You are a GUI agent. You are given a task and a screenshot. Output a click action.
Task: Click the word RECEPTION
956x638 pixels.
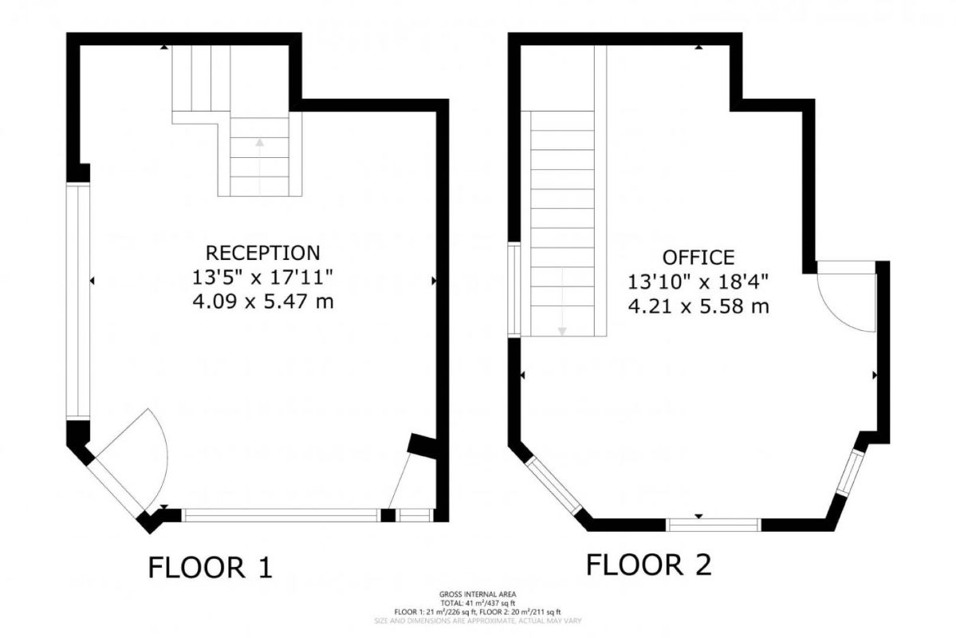click(263, 253)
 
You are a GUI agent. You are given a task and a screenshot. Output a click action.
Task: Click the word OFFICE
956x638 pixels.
click(698, 257)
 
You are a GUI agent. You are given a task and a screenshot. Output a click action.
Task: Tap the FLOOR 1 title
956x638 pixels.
click(210, 567)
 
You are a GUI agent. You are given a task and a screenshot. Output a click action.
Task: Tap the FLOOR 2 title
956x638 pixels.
click(648, 565)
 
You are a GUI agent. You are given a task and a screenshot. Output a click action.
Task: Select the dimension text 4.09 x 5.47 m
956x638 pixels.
click(263, 301)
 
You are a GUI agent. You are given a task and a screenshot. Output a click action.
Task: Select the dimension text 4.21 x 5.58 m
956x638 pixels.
click(698, 305)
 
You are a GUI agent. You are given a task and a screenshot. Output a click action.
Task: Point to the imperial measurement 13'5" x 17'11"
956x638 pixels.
click(263, 278)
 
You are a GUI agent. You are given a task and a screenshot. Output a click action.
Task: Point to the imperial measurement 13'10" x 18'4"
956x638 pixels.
click(698, 282)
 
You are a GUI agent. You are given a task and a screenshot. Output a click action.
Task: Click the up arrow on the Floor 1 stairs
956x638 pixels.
click(259, 144)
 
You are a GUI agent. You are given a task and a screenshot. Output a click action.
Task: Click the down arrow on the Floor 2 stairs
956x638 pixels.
click(562, 330)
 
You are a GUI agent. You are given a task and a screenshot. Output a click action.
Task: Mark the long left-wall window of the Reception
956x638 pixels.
click(77, 301)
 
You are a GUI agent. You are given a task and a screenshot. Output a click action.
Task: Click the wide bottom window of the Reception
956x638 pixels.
click(281, 515)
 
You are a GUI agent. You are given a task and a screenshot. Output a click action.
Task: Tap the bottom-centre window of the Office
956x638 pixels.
click(714, 524)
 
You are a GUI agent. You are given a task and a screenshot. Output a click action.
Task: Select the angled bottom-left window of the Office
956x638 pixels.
click(555, 484)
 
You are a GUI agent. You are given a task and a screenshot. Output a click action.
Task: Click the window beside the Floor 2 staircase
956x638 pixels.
click(514, 289)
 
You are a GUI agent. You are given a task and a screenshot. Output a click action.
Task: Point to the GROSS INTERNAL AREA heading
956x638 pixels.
click(478, 594)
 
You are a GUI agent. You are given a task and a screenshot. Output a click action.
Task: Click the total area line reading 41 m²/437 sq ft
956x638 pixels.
click(478, 603)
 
